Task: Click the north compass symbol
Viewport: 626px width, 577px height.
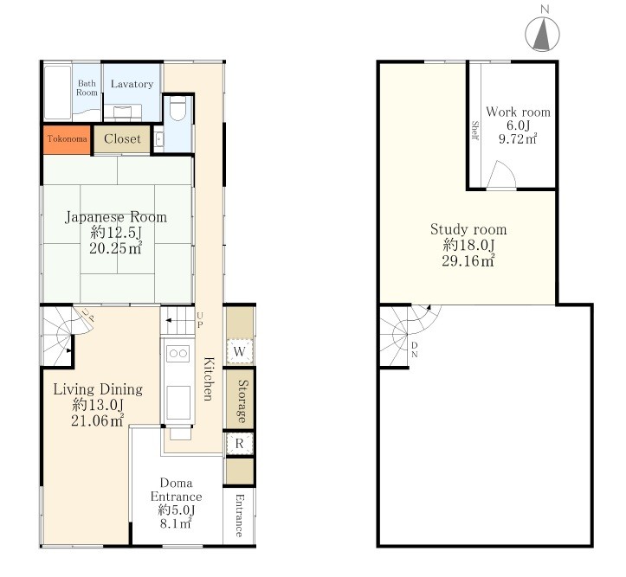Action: click(542, 34)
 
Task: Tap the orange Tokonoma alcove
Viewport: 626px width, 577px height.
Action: click(67, 139)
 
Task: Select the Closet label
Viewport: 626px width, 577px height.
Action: click(122, 138)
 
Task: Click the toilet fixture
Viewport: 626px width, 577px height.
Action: click(177, 108)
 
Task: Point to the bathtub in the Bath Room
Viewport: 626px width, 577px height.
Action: click(57, 93)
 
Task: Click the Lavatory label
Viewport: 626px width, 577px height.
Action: click(132, 84)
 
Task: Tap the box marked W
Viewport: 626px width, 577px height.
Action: click(240, 351)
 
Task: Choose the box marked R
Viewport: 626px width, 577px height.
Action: click(240, 443)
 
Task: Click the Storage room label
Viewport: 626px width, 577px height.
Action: click(242, 401)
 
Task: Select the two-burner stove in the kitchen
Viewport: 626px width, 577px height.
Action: click(178, 354)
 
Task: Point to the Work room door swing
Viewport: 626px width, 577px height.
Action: click(501, 174)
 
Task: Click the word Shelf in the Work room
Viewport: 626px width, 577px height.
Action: click(474, 130)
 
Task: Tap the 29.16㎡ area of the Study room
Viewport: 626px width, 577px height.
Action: click(468, 260)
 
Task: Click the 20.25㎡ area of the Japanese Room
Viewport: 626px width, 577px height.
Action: click(116, 248)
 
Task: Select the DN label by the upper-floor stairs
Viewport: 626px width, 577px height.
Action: click(415, 349)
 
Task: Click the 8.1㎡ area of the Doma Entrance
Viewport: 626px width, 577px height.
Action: click(176, 523)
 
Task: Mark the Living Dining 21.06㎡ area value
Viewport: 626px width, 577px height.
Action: click(98, 420)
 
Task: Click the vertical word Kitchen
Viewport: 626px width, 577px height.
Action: click(209, 379)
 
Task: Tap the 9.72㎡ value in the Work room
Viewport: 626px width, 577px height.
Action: click(518, 138)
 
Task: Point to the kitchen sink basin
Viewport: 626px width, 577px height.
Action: click(178, 402)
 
